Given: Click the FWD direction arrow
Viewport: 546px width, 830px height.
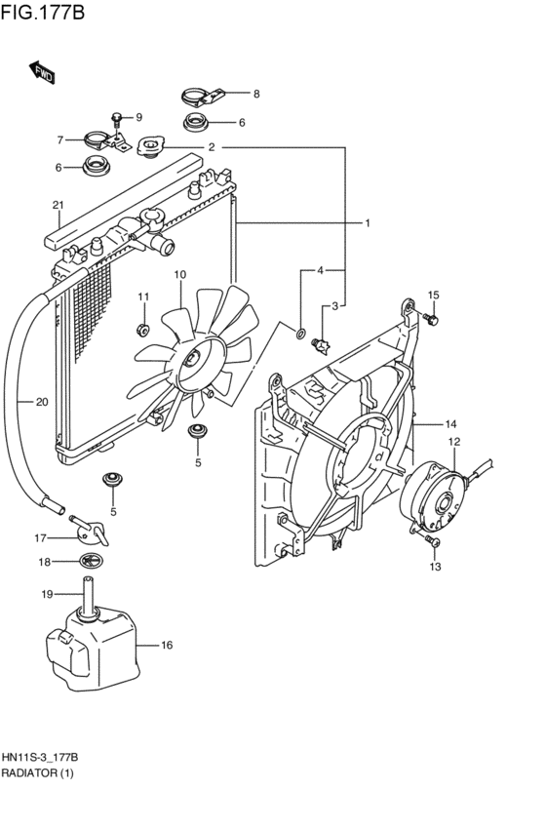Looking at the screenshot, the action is pyautogui.click(x=41, y=72).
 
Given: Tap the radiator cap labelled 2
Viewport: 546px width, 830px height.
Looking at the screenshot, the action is pyautogui.click(x=151, y=146).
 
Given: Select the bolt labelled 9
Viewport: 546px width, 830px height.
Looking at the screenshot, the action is pyautogui.click(x=117, y=120).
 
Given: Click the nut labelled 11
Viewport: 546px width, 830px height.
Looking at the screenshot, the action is pyautogui.click(x=141, y=330).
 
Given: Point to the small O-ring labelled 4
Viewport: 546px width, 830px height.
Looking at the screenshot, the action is pyautogui.click(x=300, y=334).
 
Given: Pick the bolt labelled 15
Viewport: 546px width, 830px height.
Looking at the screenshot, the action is pyautogui.click(x=431, y=319).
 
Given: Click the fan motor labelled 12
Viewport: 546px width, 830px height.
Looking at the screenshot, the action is pyautogui.click(x=436, y=496).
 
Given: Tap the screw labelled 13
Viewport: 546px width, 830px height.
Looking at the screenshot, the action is pyautogui.click(x=432, y=540).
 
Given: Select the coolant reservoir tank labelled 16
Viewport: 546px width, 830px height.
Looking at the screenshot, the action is pyautogui.click(x=93, y=649).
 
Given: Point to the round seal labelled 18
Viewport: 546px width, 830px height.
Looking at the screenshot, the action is pyautogui.click(x=90, y=561).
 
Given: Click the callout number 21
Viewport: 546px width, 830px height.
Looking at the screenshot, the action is pyautogui.click(x=58, y=205).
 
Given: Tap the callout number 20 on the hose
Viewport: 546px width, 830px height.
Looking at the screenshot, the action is pyautogui.click(x=42, y=402).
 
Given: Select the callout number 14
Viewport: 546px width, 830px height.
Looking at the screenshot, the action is pyautogui.click(x=450, y=423).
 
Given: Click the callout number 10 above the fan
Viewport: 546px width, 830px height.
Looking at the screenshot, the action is pyautogui.click(x=179, y=274).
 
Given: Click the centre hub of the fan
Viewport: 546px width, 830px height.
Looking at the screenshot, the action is pyautogui.click(x=191, y=361).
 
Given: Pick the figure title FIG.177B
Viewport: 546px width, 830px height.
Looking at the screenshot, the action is pyautogui.click(x=43, y=12).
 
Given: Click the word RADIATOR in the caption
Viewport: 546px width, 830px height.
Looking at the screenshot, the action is pyautogui.click(x=29, y=772).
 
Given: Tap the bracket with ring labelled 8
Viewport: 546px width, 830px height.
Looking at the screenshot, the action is pyautogui.click(x=203, y=97).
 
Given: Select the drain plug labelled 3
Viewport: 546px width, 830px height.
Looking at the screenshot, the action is pyautogui.click(x=321, y=346).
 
